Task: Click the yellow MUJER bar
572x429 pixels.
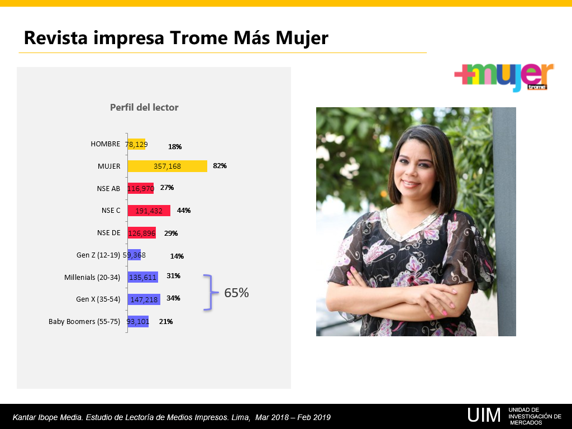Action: [168, 166]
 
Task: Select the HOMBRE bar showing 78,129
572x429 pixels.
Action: [136, 144]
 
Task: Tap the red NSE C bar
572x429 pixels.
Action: [149, 211]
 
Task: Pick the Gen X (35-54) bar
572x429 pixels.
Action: [144, 299]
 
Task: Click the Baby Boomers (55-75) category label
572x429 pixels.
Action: [84, 321]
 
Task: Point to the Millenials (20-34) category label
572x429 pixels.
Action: [92, 277]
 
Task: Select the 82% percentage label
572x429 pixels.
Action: [220, 165]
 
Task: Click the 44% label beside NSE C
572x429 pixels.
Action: [184, 211]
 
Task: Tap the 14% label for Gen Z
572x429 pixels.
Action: [177, 256]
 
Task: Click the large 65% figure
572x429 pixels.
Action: [236, 293]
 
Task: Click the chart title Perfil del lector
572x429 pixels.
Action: [144, 107]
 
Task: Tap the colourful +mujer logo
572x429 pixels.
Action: [504, 77]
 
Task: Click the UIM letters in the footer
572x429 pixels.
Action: [484, 415]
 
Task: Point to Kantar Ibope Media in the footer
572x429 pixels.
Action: [47, 417]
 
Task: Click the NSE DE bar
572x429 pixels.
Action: [141, 233]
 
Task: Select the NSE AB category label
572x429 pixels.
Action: [108, 189]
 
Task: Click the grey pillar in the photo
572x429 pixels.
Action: [504, 221]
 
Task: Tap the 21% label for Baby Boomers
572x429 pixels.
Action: [166, 322]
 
